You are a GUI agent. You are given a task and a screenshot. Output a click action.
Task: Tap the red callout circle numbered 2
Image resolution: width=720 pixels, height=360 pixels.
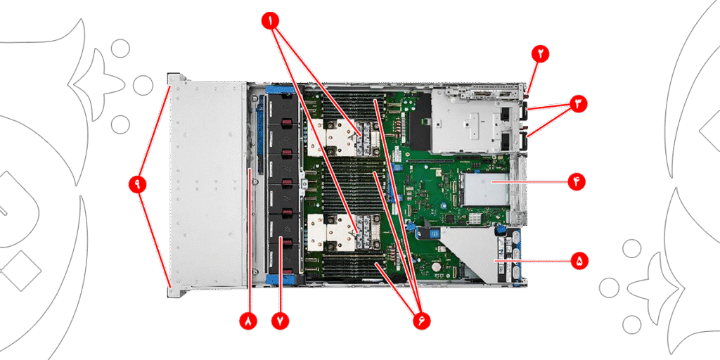[x=541, y=53]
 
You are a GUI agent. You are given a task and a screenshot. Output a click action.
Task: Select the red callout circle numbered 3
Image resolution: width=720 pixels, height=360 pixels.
[x=578, y=104]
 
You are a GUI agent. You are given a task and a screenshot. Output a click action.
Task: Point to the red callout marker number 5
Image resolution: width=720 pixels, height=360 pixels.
[x=579, y=261]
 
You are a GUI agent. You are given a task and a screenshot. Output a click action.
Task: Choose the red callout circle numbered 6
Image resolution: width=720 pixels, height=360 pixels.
[x=421, y=321]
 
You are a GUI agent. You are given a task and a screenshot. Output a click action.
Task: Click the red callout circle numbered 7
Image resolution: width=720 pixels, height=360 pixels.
[x=281, y=321]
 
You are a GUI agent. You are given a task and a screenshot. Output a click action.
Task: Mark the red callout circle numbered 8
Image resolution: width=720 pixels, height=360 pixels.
[x=248, y=321]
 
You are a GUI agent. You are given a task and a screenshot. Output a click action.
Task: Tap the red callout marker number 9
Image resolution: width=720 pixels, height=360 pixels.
[x=137, y=184]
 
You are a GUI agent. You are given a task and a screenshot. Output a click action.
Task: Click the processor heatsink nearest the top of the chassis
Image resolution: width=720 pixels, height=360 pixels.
[x=343, y=137]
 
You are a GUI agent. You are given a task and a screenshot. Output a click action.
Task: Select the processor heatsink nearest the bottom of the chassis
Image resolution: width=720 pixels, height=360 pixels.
[x=343, y=233]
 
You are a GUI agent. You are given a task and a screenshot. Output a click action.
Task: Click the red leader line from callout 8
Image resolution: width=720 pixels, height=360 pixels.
[x=249, y=240]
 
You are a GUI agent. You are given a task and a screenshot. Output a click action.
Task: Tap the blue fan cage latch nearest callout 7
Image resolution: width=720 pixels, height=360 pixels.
[x=281, y=278]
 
